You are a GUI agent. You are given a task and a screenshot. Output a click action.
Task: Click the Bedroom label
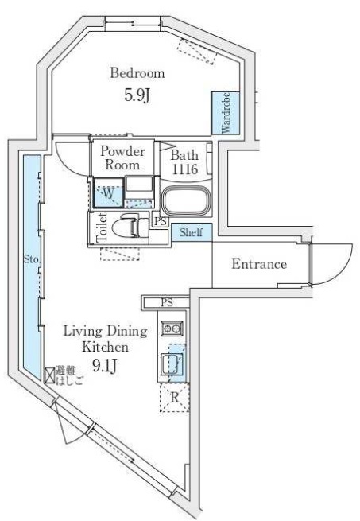(137, 72)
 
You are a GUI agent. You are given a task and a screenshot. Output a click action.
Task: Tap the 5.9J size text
(137, 95)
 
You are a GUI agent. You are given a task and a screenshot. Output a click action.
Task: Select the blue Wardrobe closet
(226, 113)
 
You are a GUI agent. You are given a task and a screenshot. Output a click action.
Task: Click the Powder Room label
(122, 157)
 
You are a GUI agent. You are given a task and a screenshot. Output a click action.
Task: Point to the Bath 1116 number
(184, 169)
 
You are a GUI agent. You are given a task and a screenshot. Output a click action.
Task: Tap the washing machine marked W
(108, 193)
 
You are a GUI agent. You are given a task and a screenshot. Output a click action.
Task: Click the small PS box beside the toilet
(161, 221)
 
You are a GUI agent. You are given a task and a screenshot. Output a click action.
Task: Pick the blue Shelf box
(192, 232)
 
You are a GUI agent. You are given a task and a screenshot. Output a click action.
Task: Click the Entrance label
(259, 264)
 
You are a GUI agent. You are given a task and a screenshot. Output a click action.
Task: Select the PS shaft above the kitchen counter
(166, 303)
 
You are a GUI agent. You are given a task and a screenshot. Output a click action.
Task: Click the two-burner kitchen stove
(172, 328)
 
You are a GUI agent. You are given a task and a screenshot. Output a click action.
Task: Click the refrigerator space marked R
(174, 398)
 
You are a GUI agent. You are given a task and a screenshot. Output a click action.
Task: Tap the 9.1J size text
(105, 366)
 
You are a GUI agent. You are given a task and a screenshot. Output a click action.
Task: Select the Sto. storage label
(32, 259)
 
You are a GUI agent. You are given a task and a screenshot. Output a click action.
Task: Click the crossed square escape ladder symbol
(50, 375)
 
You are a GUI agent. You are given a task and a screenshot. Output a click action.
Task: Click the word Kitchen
(105, 347)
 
